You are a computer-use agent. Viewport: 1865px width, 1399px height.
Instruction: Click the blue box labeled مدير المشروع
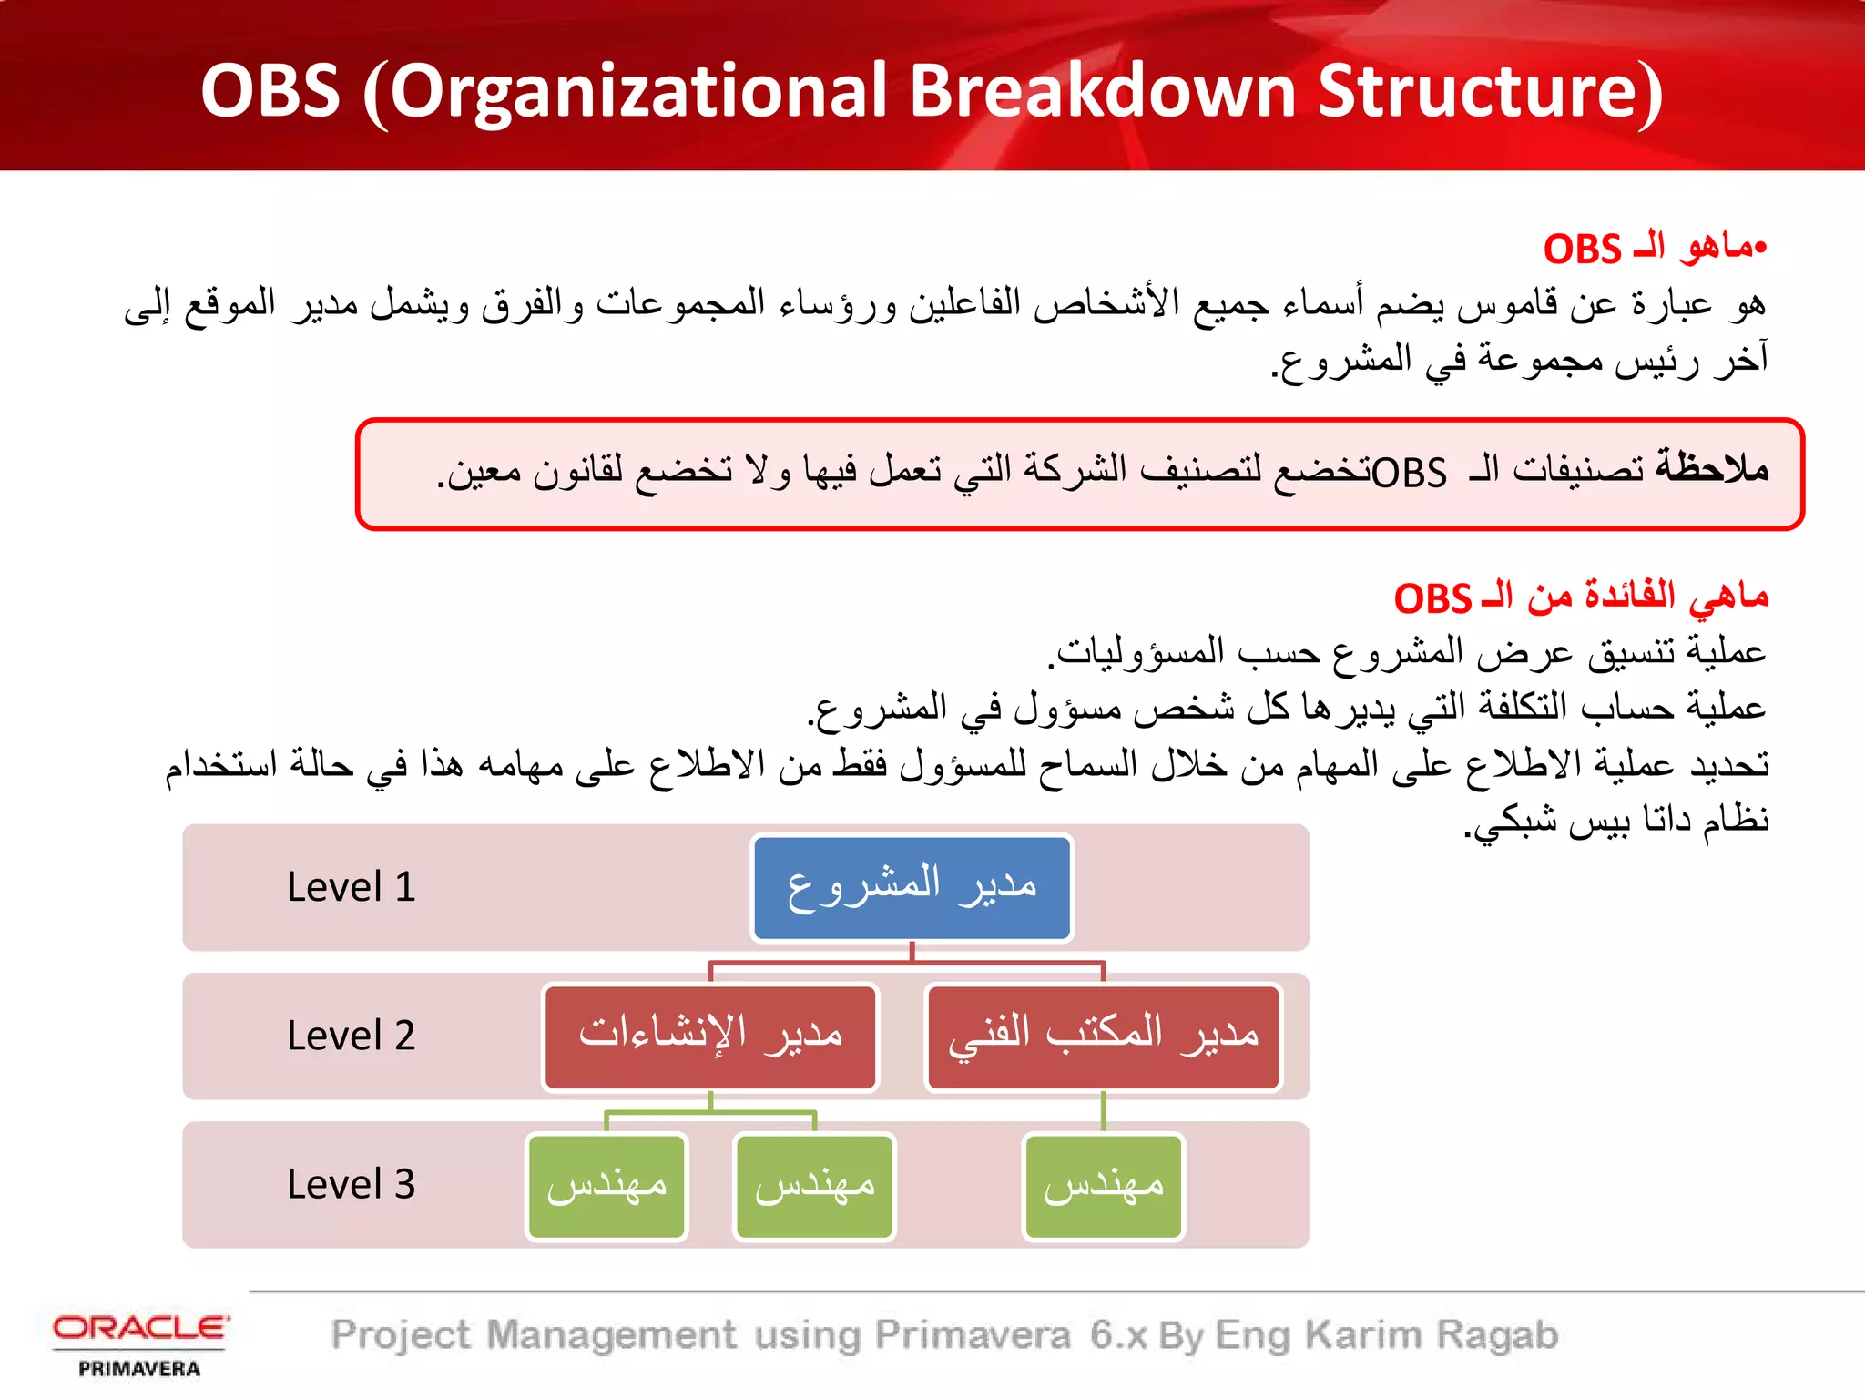pyautogui.click(x=912, y=888)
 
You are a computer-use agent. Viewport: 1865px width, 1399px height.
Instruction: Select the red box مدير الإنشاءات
pyautogui.click(x=710, y=1036)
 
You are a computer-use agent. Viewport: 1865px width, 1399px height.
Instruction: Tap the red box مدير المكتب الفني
pyautogui.click(x=1103, y=1036)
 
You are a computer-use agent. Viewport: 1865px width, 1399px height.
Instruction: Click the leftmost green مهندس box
pyautogui.click(x=606, y=1186)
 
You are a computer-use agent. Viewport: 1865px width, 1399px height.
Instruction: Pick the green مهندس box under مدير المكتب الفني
pyautogui.click(x=1103, y=1186)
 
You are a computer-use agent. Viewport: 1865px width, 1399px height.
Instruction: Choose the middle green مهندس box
pyautogui.click(x=814, y=1186)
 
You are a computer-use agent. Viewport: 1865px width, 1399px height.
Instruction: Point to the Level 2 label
pyautogui.click(x=351, y=1036)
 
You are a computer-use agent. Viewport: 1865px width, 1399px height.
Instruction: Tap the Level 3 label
pyautogui.click(x=351, y=1185)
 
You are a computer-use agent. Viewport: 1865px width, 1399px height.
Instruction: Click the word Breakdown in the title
pyautogui.click(x=1102, y=91)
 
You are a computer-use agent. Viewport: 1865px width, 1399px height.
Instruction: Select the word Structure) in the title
pyautogui.click(x=1490, y=91)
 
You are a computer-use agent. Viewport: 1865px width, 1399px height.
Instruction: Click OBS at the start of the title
pyautogui.click(x=270, y=91)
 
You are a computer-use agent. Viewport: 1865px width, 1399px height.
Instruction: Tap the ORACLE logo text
pyautogui.click(x=140, y=1328)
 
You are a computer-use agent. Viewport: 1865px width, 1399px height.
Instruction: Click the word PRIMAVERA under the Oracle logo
pyautogui.click(x=139, y=1369)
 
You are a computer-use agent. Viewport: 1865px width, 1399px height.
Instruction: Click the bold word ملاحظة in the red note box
pyautogui.click(x=1712, y=468)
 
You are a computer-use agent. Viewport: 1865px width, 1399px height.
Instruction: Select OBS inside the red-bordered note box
pyautogui.click(x=1409, y=472)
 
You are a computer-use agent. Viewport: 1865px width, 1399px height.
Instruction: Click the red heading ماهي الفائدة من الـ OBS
pyautogui.click(x=1581, y=597)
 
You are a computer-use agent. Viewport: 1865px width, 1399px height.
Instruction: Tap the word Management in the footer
pyautogui.click(x=611, y=1335)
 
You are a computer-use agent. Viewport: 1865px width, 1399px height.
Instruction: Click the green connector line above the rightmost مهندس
pyautogui.click(x=1103, y=1112)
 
